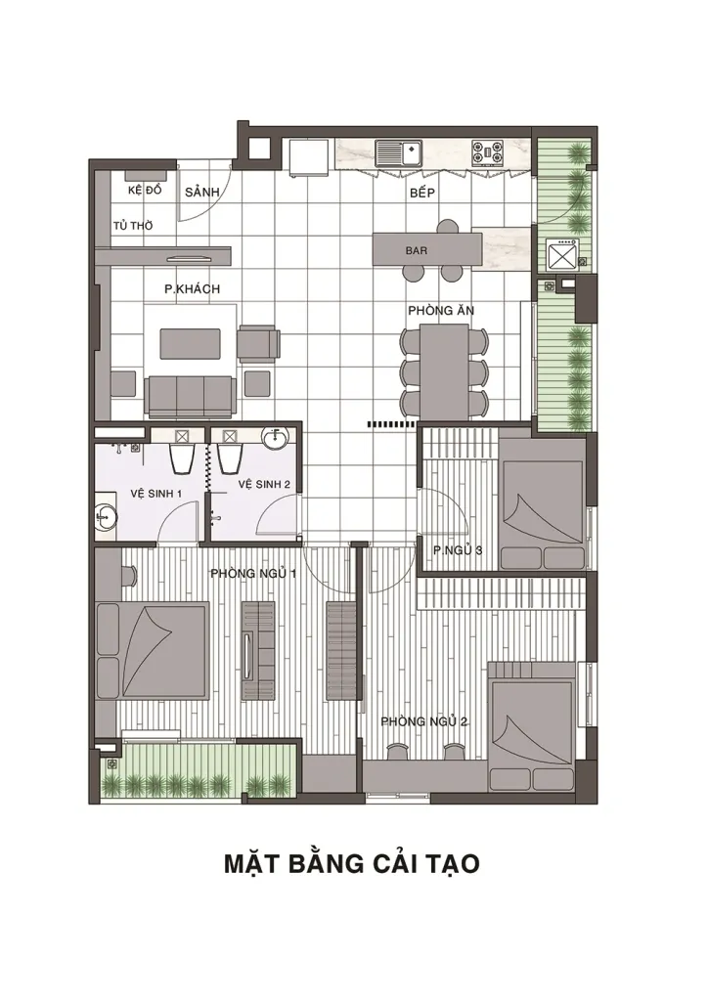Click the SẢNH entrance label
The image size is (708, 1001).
click(x=201, y=193)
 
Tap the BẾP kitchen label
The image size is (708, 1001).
click(x=422, y=193)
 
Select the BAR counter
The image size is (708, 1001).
click(x=427, y=249)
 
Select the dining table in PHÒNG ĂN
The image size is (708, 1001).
click(x=444, y=371)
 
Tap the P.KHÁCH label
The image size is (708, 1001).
click(x=192, y=289)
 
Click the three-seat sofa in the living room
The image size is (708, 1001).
click(x=191, y=397)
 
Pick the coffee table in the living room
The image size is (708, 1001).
click(x=191, y=343)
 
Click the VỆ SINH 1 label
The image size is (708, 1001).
click(x=157, y=494)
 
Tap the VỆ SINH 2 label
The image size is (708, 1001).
click(x=264, y=485)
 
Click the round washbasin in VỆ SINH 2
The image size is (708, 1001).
click(x=276, y=436)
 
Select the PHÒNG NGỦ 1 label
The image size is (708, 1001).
click(x=253, y=573)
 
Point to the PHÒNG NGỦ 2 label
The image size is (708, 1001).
click(x=424, y=722)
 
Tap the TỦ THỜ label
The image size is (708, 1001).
click(x=133, y=226)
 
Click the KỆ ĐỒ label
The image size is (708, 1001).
click(x=145, y=191)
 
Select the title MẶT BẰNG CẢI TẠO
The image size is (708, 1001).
click(x=352, y=863)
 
